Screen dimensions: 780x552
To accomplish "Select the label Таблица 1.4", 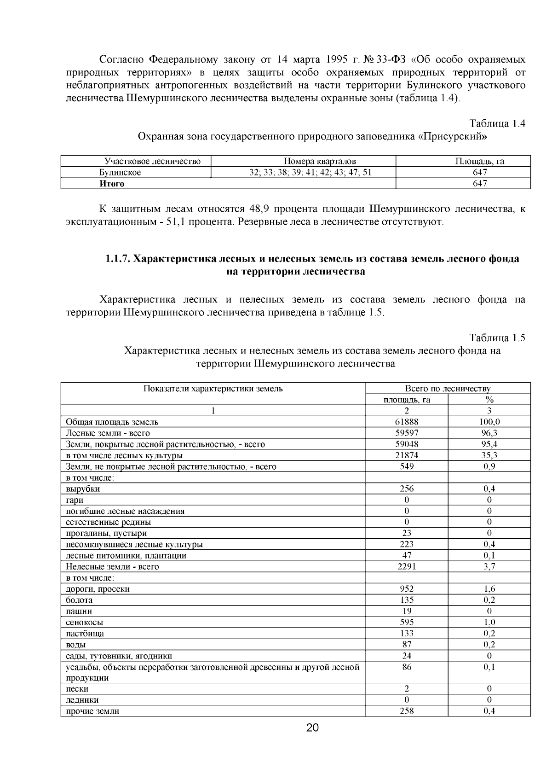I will [x=497, y=124].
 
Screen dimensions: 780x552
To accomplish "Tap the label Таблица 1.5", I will [x=497, y=338].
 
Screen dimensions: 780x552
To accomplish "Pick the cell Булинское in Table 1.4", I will [x=120, y=173].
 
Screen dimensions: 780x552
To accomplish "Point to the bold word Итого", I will [x=112, y=184].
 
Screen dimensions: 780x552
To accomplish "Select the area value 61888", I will [x=407, y=422].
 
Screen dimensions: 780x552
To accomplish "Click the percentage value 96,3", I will [x=489, y=433].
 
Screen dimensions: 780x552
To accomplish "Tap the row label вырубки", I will [x=83, y=489].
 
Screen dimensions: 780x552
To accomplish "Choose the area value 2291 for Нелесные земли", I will [x=407, y=567].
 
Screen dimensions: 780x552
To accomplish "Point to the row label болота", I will [x=79, y=600].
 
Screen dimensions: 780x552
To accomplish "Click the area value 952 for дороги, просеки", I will [x=407, y=589].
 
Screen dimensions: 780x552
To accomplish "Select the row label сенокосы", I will [x=84, y=623].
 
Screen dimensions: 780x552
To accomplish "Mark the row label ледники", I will [x=82, y=700].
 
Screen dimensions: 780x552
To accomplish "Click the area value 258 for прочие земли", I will [x=407, y=711].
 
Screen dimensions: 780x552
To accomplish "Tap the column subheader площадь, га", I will [x=407, y=400].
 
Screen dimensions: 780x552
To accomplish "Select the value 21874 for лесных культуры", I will [x=407, y=455].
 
